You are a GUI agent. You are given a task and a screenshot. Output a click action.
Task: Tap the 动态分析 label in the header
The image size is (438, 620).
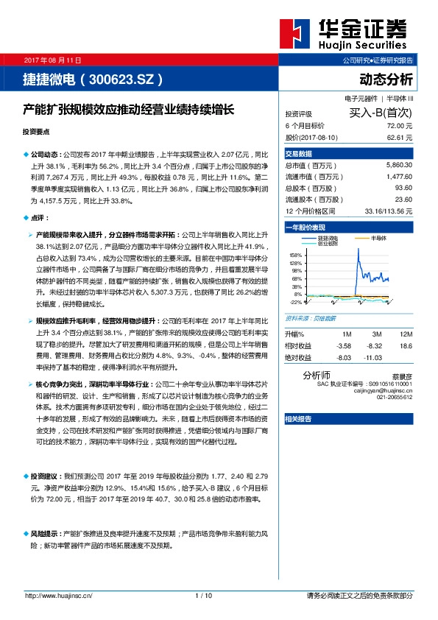pyautogui.click(x=386, y=79)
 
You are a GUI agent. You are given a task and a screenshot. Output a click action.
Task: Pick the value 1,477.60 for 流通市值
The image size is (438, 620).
pyautogui.click(x=398, y=177)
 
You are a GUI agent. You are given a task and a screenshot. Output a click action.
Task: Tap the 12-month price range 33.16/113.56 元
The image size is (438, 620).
pyautogui.click(x=388, y=211)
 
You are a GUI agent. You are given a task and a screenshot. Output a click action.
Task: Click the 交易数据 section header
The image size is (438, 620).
pyautogui.click(x=299, y=153)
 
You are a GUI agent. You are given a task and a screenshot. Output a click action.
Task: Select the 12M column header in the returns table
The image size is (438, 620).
pyautogui.click(x=405, y=334)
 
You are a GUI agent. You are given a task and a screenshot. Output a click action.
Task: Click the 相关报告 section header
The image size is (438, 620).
pyautogui.click(x=299, y=418)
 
